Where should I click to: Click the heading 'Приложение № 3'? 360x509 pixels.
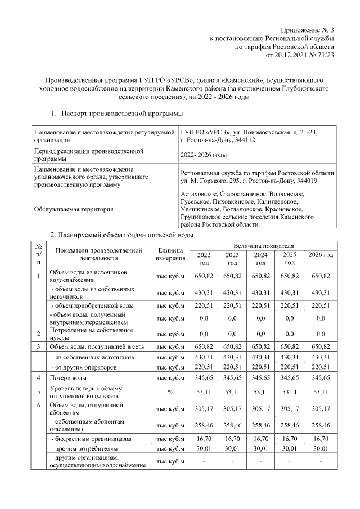click(x=308, y=29)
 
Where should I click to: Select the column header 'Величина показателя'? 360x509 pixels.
click(x=263, y=246)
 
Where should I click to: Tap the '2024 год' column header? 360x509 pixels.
click(x=260, y=259)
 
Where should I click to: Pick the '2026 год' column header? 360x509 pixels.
click(x=321, y=255)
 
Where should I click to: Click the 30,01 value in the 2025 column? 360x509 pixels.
click(x=290, y=448)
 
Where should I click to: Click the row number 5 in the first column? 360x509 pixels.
click(x=38, y=391)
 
